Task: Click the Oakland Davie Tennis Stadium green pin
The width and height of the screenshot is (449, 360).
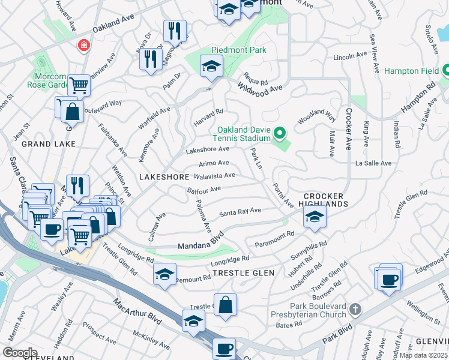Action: (x=279, y=133)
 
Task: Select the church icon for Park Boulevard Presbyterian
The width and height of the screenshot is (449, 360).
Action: (x=355, y=310)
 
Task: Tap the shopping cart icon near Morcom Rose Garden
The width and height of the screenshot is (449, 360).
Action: (x=79, y=85)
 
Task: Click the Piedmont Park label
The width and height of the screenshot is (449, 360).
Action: (x=238, y=50)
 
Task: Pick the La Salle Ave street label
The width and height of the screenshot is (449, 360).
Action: (x=373, y=163)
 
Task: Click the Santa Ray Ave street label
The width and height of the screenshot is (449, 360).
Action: (x=240, y=212)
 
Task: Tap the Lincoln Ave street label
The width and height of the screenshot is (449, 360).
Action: (x=350, y=56)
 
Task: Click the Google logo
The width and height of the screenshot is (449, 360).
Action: (x=20, y=353)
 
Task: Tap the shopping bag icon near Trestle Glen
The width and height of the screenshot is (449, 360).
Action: (x=225, y=304)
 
